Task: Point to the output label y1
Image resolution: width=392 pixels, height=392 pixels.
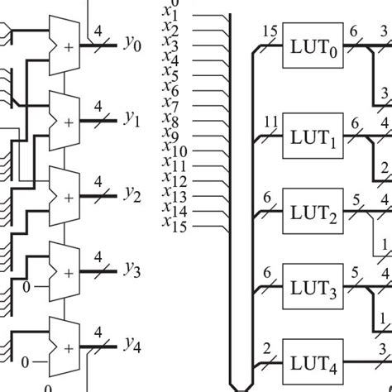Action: [132, 120]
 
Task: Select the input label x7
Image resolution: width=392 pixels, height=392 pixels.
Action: [172, 106]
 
